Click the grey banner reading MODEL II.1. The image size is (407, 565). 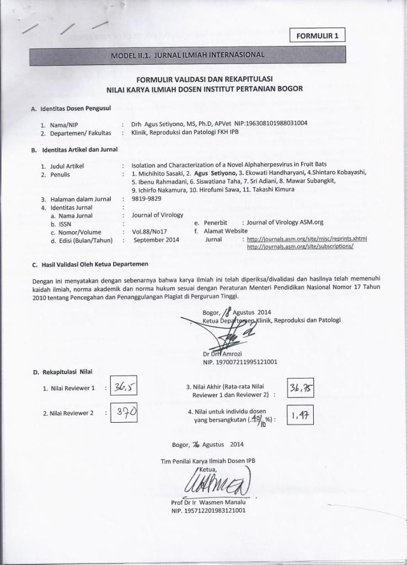click(188, 55)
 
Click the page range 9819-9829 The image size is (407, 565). click(147, 199)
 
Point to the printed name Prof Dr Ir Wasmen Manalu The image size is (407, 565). click(209, 502)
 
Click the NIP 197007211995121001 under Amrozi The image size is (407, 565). click(240, 362)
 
